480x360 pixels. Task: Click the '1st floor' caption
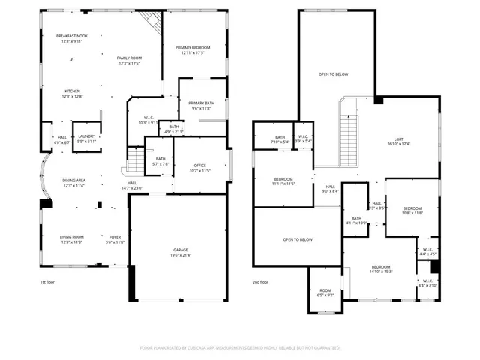[49, 282]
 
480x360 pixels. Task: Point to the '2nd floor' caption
[261, 282]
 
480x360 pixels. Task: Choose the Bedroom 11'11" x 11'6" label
[283, 181]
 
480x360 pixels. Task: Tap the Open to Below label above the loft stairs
[333, 74]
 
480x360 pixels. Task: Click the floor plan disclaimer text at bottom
[240, 347]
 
